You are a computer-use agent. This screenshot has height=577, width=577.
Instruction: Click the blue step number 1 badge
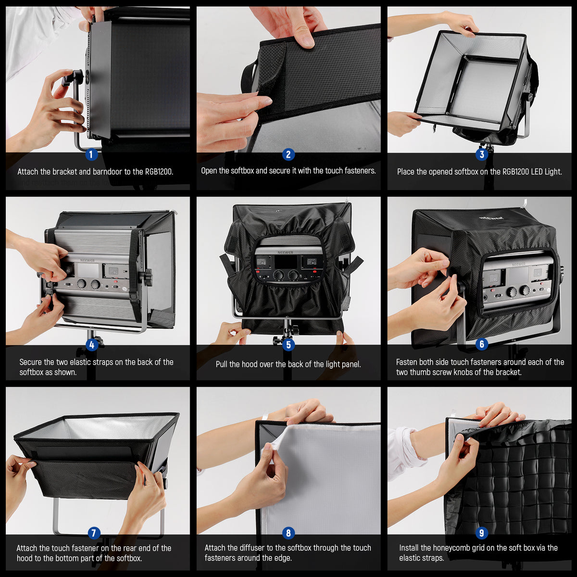(x=91, y=154)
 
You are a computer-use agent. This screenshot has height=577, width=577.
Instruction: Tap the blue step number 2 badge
(x=288, y=154)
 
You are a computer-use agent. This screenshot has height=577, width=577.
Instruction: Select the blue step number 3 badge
(x=481, y=154)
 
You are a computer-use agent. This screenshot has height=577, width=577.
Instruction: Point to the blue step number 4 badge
(x=91, y=344)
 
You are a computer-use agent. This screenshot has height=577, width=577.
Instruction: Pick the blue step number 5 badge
(x=288, y=345)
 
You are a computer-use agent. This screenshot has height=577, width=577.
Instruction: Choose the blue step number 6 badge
(x=481, y=344)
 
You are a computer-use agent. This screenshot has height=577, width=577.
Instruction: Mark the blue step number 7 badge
(x=94, y=533)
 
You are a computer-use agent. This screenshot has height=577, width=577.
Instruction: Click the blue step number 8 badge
(x=288, y=533)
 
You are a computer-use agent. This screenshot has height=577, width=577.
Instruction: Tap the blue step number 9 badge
(x=481, y=533)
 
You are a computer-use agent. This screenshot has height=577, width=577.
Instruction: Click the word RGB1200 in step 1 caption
(x=159, y=172)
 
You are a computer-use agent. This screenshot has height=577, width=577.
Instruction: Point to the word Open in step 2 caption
(x=209, y=171)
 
